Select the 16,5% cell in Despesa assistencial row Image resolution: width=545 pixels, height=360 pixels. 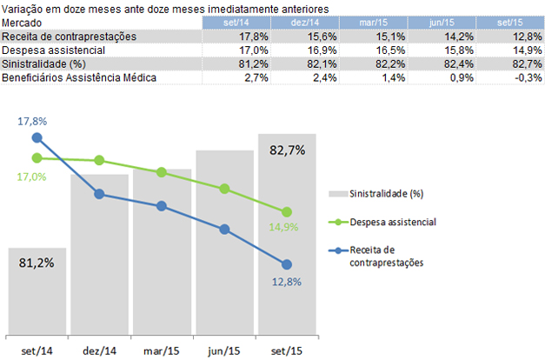[383, 50]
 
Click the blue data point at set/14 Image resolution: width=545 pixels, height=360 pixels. [37, 137]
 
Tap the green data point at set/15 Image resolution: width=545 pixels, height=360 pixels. [287, 212]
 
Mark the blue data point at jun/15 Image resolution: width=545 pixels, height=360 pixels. [224, 230]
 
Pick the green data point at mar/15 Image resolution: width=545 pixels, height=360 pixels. [162, 172]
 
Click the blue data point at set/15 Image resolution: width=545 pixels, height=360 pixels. [287, 264]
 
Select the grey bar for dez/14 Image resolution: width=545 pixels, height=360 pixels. [99, 252]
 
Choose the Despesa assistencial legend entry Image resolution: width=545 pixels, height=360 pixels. [394, 222]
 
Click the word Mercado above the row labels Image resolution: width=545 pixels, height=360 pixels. [22, 22]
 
